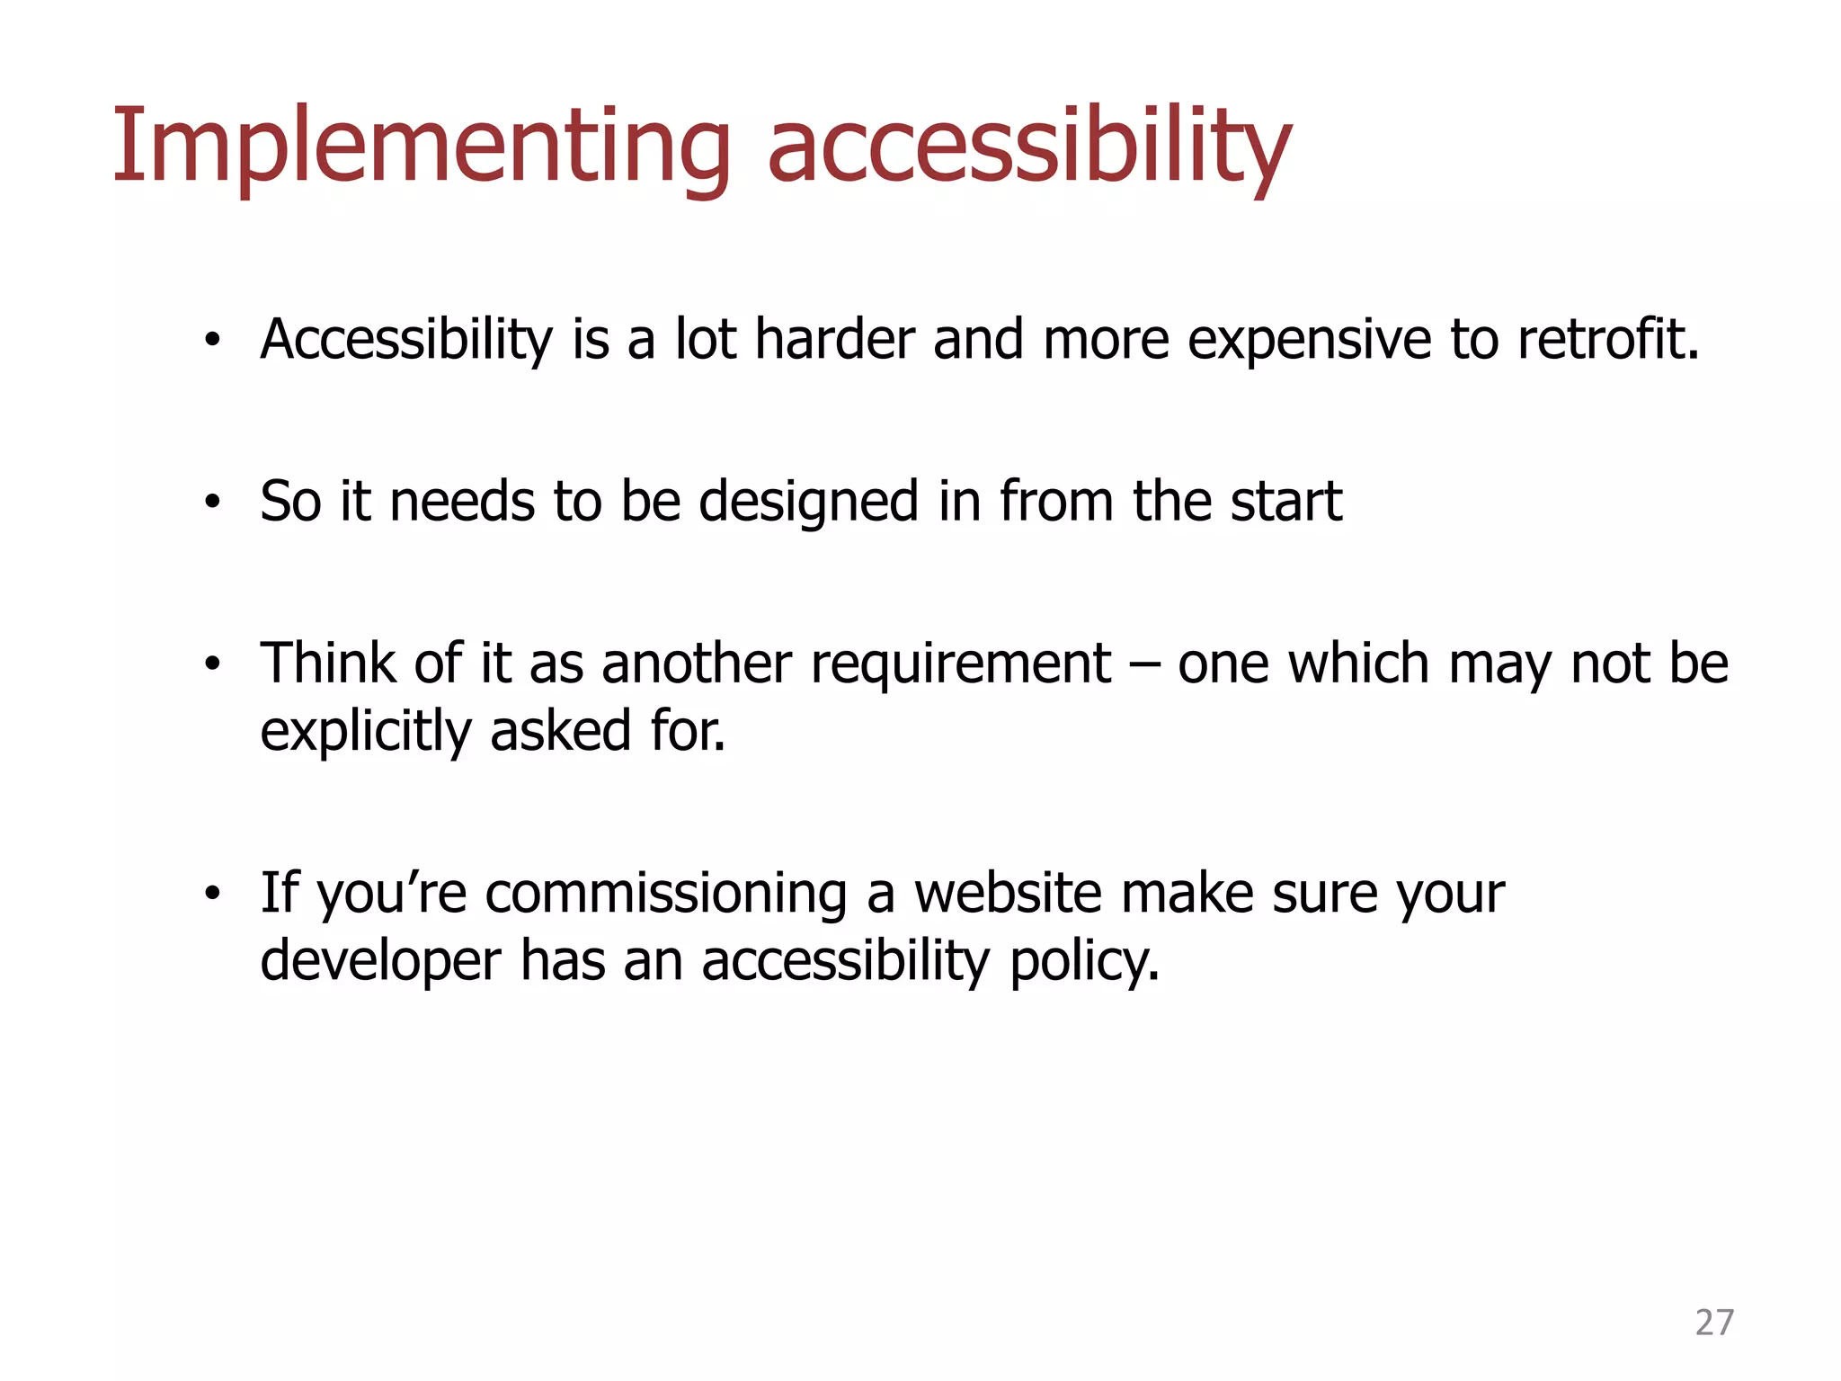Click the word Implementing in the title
click(x=421, y=147)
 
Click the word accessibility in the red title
click(x=1028, y=147)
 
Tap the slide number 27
click(x=1713, y=1323)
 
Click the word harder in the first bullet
click(x=833, y=340)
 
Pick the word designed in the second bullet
click(x=808, y=502)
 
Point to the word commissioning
click(x=666, y=895)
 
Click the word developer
click(x=380, y=961)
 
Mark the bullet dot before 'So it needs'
click(x=211, y=503)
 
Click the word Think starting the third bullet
click(x=329, y=664)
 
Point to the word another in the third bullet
click(x=697, y=664)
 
